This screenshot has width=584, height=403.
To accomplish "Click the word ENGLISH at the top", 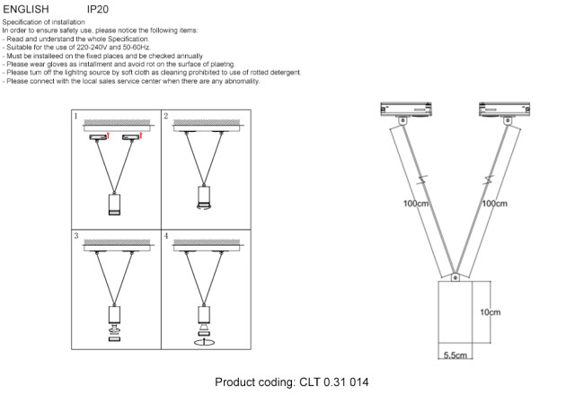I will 26,9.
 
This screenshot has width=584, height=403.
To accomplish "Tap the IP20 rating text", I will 98,9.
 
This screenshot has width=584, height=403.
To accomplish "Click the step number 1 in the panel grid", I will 76,117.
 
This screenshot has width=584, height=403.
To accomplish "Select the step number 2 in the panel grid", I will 165,117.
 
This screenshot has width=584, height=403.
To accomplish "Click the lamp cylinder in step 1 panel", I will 114,204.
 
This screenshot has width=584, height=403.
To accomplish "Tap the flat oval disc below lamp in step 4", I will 203,342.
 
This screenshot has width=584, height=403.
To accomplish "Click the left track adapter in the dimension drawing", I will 405,109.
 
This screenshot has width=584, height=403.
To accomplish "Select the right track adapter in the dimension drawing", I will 502,109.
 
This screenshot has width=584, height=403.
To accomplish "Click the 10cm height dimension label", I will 490,312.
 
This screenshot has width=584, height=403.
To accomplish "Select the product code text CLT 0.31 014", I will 332,382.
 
